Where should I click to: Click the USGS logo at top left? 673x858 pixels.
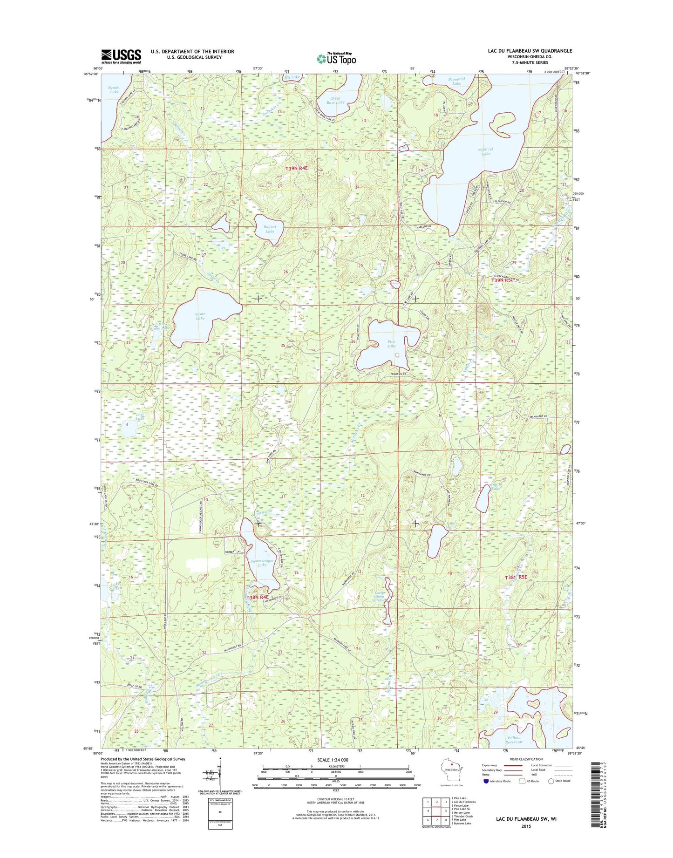[121, 56]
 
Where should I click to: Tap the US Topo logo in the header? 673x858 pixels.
[336, 59]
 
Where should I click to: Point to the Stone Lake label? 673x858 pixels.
[200, 316]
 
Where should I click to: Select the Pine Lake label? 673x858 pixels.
[392, 344]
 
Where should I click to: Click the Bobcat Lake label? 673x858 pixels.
[270, 229]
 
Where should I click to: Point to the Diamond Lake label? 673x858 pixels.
[456, 81]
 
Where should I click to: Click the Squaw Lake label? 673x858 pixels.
[114, 89]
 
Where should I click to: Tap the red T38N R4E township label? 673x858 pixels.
[258, 597]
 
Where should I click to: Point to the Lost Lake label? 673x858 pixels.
[140, 416]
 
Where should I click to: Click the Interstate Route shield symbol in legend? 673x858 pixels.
[487, 781]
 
